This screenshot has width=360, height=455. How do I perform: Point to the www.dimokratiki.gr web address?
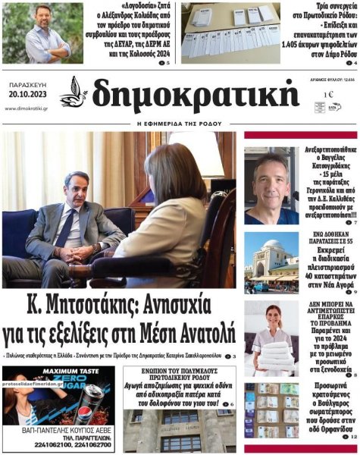[27, 108]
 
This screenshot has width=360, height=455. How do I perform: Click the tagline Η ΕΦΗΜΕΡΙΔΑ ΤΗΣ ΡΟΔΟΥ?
[180, 123]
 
